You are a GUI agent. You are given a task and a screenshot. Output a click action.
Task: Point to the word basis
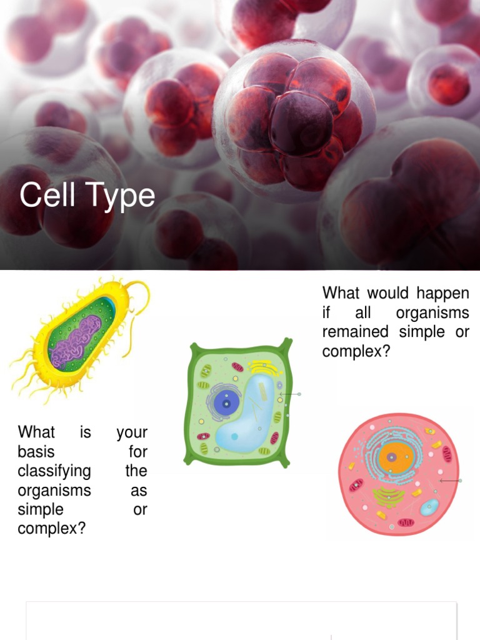[x=36, y=452]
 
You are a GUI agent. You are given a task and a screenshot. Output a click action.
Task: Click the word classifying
[x=54, y=471]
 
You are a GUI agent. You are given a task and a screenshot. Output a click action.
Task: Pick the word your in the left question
[x=132, y=432]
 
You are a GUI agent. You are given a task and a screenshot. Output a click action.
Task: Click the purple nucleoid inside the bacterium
[x=76, y=341]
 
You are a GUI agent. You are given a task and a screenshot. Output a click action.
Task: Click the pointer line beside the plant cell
[x=290, y=394]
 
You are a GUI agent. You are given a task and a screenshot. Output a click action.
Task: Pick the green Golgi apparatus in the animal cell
[x=389, y=497]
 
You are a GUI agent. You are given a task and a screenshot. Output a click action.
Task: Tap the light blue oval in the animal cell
[x=429, y=507]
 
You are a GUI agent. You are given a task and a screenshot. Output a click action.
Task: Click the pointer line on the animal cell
[x=450, y=481]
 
